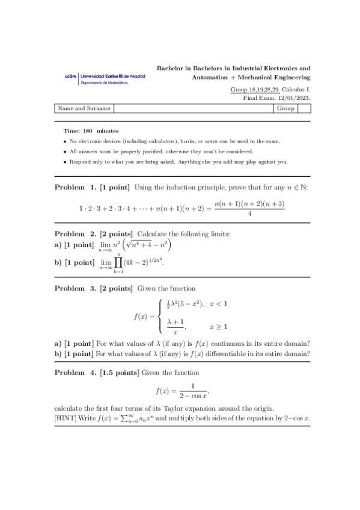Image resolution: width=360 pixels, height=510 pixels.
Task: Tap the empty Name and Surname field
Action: [192, 109]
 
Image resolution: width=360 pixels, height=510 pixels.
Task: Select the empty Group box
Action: [304, 109]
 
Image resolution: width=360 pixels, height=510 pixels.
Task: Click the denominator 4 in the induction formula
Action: [249, 214]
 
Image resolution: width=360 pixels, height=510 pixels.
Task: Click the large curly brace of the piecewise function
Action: [159, 316]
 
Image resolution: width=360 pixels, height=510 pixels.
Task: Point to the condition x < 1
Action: [218, 304]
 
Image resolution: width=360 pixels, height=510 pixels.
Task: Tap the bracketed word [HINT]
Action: [64, 417]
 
